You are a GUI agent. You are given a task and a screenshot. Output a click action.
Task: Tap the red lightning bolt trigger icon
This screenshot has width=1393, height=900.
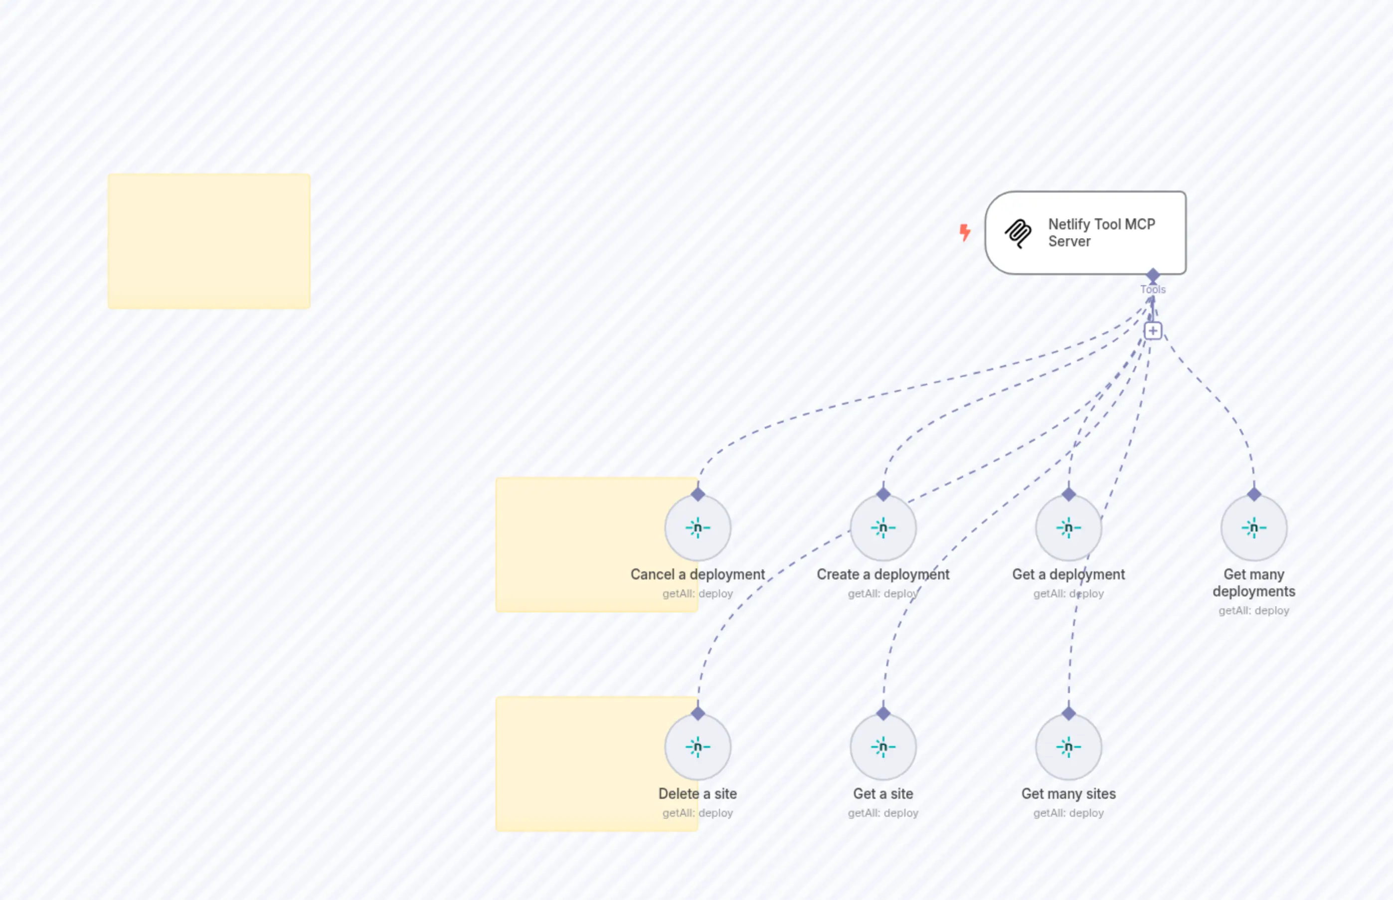(x=965, y=232)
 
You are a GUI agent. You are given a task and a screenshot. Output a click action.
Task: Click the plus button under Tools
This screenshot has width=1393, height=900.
(x=1152, y=331)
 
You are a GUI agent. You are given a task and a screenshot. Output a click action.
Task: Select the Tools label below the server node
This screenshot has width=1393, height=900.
(x=1152, y=289)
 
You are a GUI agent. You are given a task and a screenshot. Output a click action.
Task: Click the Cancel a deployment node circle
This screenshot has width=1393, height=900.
(x=697, y=528)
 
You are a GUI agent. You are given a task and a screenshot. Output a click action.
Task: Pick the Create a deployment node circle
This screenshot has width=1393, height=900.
(x=883, y=528)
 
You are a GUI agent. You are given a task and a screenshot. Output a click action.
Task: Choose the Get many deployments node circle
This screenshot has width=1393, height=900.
(x=1253, y=528)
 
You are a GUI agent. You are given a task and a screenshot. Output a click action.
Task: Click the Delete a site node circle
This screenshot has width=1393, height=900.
(x=697, y=747)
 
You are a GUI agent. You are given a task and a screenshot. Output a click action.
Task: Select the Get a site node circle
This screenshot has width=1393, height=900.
(x=883, y=747)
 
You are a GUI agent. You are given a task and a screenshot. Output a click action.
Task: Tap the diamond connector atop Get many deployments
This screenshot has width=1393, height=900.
(x=1253, y=495)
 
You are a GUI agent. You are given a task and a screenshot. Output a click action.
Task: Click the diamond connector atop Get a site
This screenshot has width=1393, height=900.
(x=883, y=714)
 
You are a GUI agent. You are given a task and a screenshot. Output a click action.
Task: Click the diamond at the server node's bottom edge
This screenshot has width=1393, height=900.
(x=1152, y=275)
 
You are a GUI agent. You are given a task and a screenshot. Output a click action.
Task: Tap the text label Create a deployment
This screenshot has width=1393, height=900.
(x=883, y=574)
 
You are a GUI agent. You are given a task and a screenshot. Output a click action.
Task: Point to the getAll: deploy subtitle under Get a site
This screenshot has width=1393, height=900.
(x=883, y=813)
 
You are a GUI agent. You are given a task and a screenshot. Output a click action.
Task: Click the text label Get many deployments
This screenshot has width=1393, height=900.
(x=1253, y=583)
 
